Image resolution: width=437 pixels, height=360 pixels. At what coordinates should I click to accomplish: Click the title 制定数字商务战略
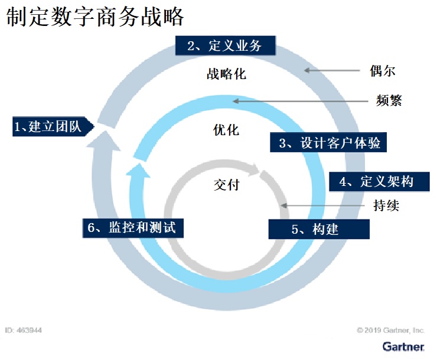(x=94, y=17)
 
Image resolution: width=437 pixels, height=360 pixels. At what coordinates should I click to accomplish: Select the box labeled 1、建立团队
(x=53, y=126)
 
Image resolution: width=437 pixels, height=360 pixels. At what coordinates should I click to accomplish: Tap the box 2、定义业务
(x=226, y=45)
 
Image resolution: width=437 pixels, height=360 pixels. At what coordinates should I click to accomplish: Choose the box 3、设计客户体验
(x=328, y=142)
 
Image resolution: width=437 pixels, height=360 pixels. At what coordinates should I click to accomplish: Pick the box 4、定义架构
(x=379, y=182)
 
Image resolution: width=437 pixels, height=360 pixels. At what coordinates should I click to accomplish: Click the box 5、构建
(x=319, y=229)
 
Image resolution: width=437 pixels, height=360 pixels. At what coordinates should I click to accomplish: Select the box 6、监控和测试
(x=133, y=228)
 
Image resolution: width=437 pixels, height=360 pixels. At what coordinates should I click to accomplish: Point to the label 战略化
(x=226, y=74)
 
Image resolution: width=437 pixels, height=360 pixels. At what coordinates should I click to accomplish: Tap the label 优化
(x=226, y=130)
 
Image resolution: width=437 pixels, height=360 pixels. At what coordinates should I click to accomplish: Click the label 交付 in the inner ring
(x=227, y=185)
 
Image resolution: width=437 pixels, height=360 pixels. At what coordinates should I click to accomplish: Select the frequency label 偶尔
(x=383, y=71)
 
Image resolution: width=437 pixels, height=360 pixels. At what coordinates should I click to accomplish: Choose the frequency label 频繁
(x=389, y=100)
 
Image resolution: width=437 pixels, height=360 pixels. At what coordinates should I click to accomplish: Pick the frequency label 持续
(x=386, y=205)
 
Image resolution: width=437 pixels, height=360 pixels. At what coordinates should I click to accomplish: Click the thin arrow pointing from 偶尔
(x=332, y=70)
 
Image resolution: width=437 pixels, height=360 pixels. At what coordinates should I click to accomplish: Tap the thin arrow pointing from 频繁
(x=301, y=101)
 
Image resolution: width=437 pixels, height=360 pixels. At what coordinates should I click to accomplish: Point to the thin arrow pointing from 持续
(x=323, y=206)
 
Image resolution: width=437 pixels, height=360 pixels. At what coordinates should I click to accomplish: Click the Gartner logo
(x=403, y=346)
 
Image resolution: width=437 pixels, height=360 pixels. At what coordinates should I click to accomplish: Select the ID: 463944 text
(x=24, y=330)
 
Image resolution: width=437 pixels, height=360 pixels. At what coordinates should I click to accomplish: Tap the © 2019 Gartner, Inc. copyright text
(x=391, y=330)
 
